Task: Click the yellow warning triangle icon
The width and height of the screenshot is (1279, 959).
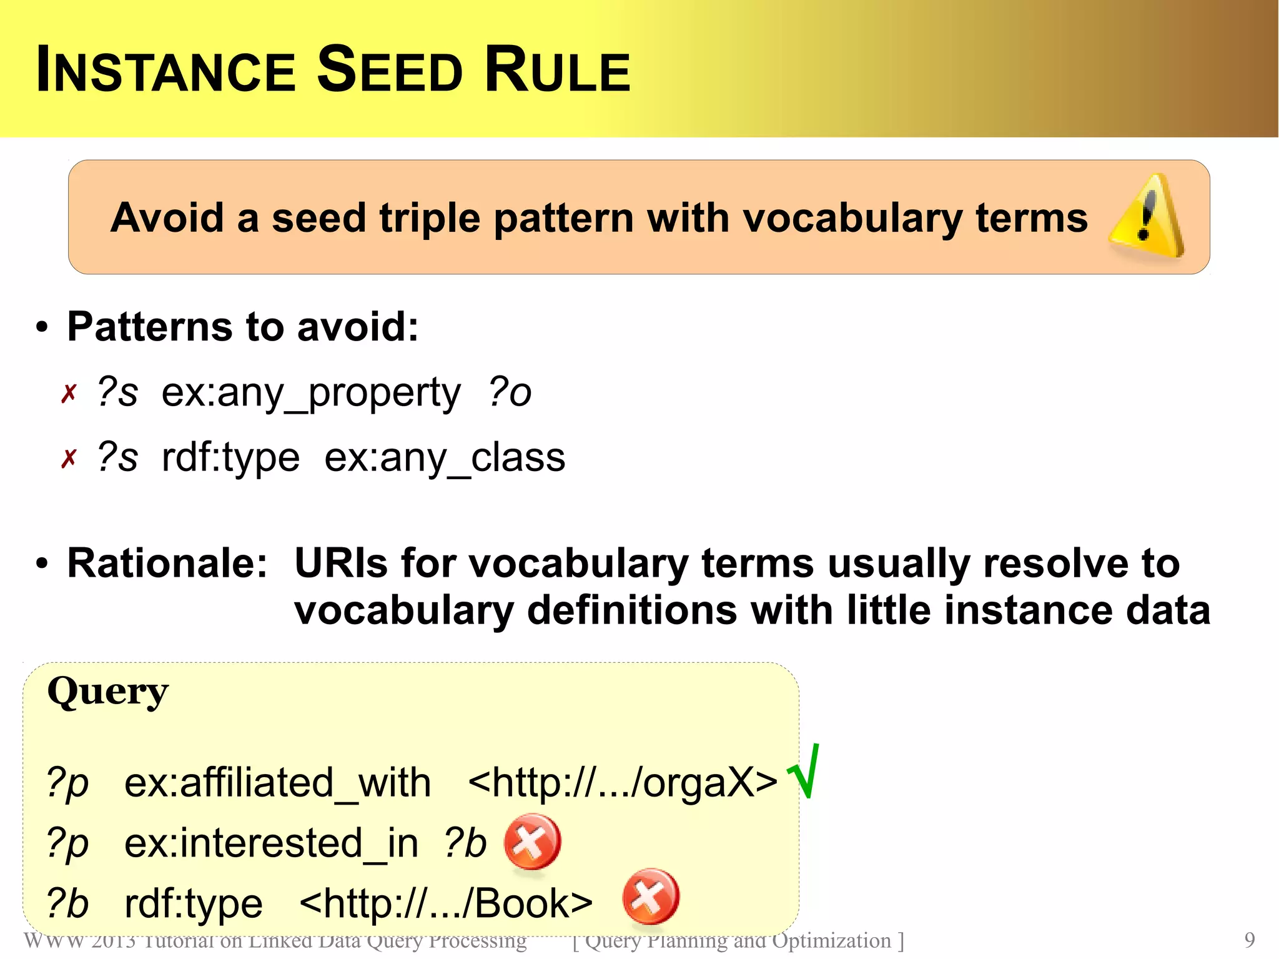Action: tap(1147, 217)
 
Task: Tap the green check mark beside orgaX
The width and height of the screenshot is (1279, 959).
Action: tap(804, 772)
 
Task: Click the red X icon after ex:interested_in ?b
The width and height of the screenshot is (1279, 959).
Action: tap(532, 841)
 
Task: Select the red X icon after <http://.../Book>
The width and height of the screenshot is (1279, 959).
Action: tap(651, 896)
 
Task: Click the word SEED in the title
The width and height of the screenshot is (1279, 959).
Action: tap(390, 70)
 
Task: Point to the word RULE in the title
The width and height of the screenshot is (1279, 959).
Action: tap(557, 70)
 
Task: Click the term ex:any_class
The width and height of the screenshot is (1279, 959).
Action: tap(445, 458)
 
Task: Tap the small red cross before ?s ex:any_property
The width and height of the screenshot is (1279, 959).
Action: tap(69, 394)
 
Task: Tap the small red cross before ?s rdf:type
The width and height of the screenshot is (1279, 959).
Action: tap(69, 459)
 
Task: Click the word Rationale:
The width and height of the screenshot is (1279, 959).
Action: tap(167, 563)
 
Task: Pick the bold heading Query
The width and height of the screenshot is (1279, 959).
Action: tap(107, 692)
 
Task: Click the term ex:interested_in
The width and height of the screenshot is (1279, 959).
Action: tap(271, 843)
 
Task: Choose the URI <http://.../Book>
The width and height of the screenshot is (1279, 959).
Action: tap(446, 903)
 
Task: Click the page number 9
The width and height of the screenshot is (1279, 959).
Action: tap(1249, 940)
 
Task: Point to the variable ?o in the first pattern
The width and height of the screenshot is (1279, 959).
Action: tap(510, 392)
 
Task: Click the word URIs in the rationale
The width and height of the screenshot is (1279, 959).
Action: tap(341, 563)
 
